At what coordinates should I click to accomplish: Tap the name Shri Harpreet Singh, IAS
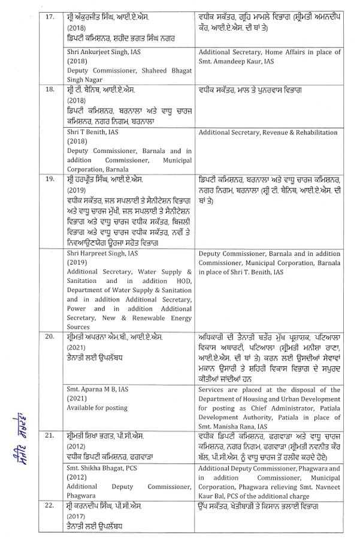(102, 254)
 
